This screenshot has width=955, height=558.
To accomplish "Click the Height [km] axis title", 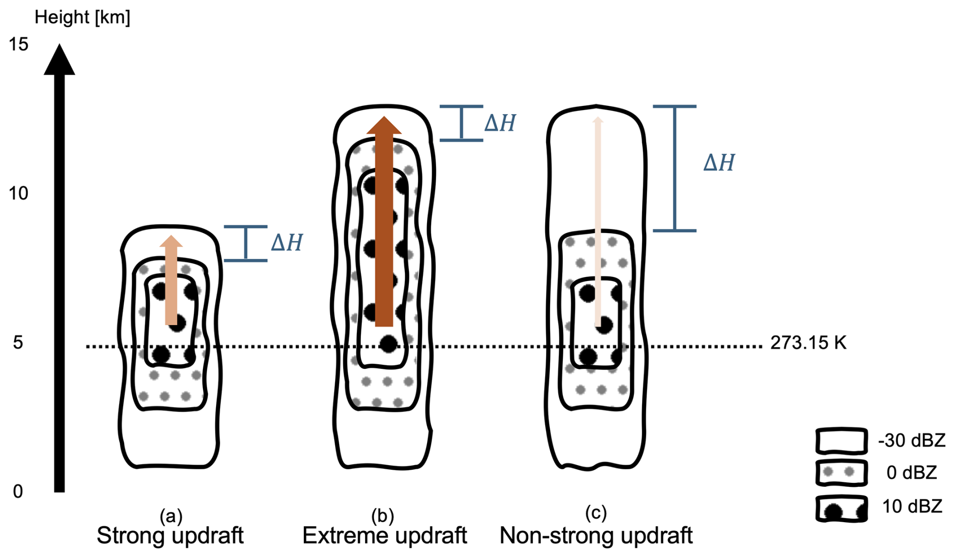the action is pos(82,18).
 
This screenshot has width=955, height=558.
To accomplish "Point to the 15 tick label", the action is pos(19,44).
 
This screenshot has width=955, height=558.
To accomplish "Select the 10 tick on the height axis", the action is pos(19,193).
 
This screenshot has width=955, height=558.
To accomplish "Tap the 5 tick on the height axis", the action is pos(18,343).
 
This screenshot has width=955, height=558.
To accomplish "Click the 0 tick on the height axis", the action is pos(18,491).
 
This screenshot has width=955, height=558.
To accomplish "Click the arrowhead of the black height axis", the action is pos(60,60).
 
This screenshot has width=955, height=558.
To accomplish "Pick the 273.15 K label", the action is pos(808,343).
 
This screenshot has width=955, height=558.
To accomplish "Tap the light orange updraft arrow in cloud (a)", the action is pos(171,280).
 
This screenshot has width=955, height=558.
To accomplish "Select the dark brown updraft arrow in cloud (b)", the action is pos(384,221).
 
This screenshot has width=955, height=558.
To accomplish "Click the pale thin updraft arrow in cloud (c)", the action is pos(598,221).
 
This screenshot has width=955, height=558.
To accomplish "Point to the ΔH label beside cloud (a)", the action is pos(287,243).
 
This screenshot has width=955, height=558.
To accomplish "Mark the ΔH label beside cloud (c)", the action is pos(719,163).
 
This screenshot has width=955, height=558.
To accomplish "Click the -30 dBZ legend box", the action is pos(841,441).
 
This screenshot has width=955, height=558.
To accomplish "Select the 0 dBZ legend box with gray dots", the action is pos(841,473).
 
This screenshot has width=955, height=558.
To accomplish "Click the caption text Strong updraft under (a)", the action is pos(170,536).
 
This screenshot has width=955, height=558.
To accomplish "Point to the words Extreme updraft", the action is pos(385,536).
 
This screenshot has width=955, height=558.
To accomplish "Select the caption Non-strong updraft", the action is pos(596,536).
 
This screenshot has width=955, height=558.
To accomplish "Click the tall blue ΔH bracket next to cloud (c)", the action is pos(675,169).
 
